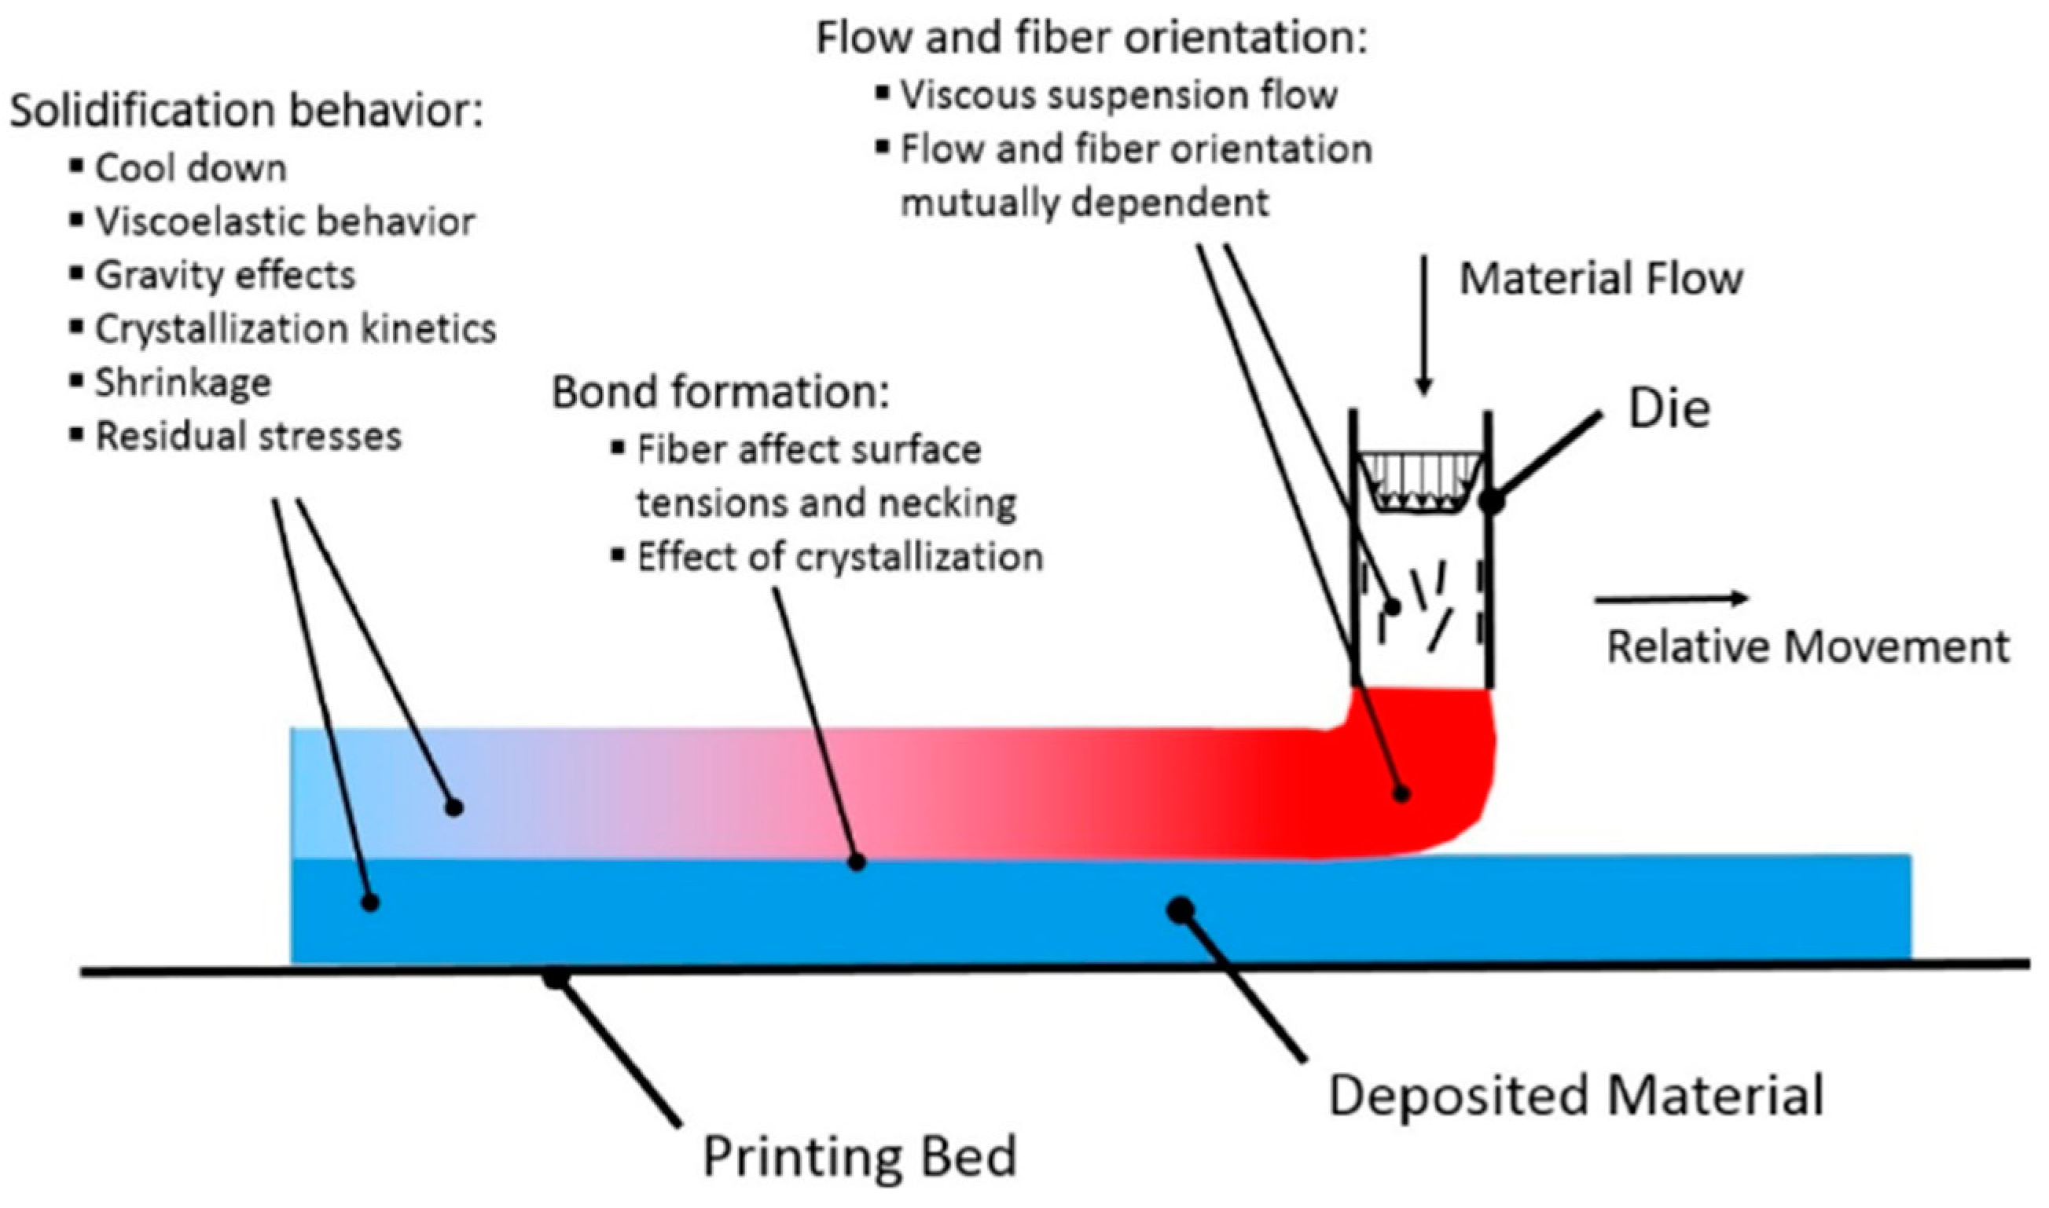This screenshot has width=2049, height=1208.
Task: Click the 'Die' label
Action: coord(1669,408)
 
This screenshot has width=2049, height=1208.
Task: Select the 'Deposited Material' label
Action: coord(1577,1096)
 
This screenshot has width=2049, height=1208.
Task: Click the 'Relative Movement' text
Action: coord(1808,648)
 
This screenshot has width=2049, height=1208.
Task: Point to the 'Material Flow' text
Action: coord(1601,278)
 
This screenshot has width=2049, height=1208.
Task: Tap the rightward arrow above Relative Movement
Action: coord(1671,599)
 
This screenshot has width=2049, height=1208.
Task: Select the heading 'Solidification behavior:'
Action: coord(247,112)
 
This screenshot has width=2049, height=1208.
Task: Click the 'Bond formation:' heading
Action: coord(721,392)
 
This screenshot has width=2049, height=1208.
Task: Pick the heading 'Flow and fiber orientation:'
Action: coord(1092,38)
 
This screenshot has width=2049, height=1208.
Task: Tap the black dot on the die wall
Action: coord(1492,500)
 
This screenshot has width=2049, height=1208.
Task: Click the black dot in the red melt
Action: coord(1401,793)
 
